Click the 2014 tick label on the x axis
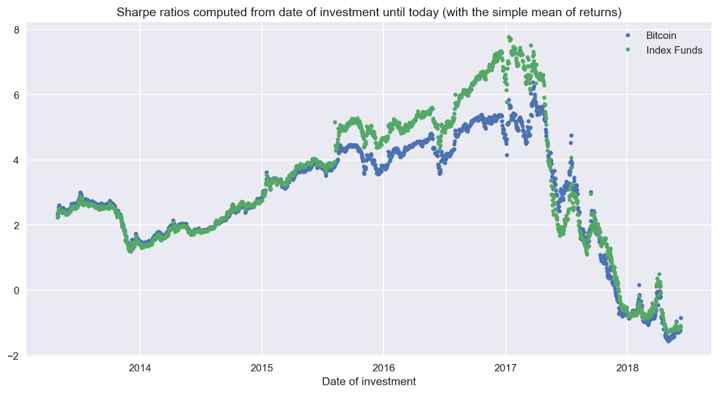140,367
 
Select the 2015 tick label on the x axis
262,367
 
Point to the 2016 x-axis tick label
383,367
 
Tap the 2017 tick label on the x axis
506,367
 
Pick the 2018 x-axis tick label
627,367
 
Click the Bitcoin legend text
661,35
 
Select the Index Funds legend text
674,50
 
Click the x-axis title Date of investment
368,381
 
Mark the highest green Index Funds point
509,37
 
